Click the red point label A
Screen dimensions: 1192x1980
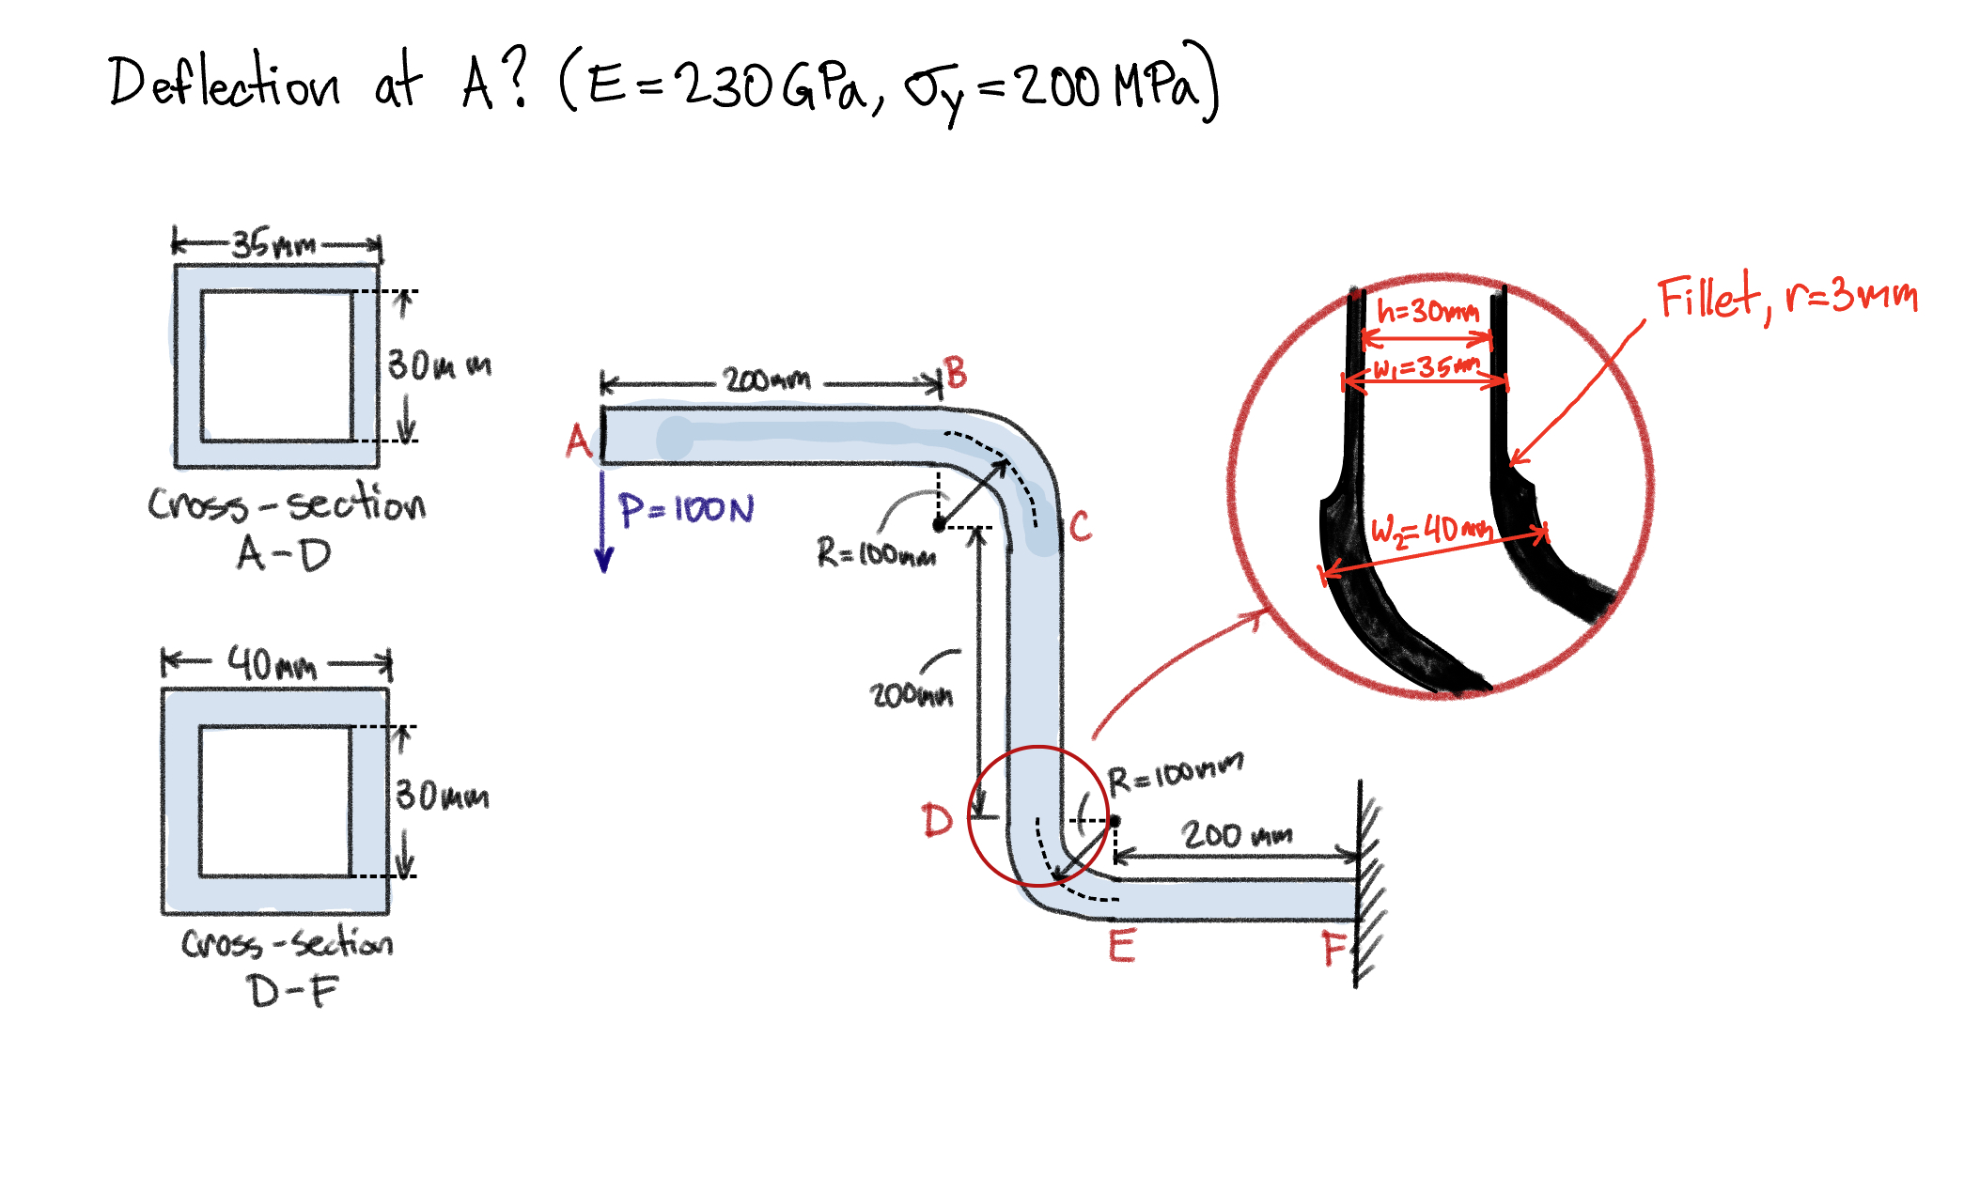pyautogui.click(x=578, y=441)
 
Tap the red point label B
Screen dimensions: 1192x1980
pyautogui.click(x=956, y=374)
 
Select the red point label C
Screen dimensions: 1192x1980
pyautogui.click(x=1080, y=527)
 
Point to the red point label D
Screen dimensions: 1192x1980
pyautogui.click(x=937, y=820)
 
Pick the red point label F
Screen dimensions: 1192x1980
pyautogui.click(x=1334, y=949)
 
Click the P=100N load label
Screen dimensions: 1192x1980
pyautogui.click(x=686, y=510)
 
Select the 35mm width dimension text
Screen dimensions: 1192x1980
pyautogui.click(x=273, y=245)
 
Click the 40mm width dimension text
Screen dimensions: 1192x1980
pyautogui.click(x=272, y=665)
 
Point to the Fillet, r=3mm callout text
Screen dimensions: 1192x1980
pyautogui.click(x=1785, y=298)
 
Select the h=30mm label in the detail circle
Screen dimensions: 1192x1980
pyautogui.click(x=1427, y=311)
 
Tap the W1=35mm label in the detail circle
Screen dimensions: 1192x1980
pyautogui.click(x=1427, y=367)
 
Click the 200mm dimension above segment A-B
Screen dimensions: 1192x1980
pyautogui.click(x=767, y=380)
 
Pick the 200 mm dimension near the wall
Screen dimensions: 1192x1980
pyautogui.click(x=1236, y=834)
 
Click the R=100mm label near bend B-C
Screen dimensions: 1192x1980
pyautogui.click(x=876, y=553)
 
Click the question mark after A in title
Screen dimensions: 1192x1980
pyautogui.click(x=513, y=80)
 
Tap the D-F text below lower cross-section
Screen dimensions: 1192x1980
pyautogui.click(x=292, y=991)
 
